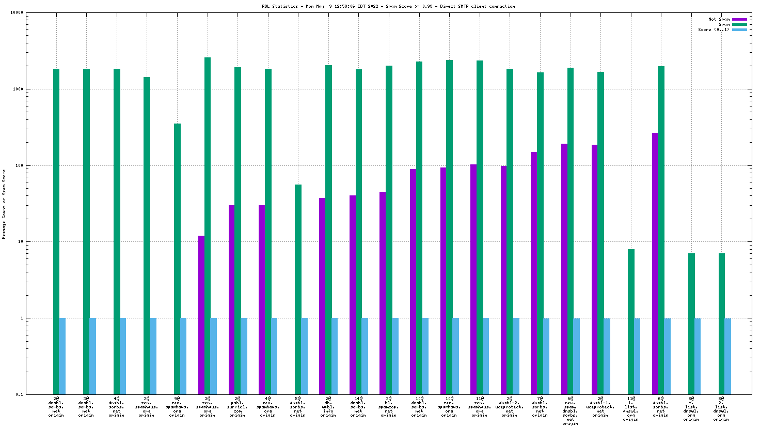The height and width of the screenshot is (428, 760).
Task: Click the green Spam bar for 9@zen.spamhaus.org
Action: (177, 258)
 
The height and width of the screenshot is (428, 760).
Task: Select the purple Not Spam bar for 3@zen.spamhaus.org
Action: (201, 315)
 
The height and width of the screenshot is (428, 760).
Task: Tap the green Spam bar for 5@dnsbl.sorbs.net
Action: (298, 289)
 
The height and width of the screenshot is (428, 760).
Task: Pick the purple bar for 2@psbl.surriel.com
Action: (231, 300)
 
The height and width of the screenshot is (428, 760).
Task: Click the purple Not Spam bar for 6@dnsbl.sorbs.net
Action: (655, 264)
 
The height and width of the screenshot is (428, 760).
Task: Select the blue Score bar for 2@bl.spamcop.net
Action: (395, 356)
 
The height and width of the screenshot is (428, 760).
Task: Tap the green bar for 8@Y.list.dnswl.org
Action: (691, 324)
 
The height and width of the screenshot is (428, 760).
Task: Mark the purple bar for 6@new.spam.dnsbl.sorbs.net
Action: (564, 269)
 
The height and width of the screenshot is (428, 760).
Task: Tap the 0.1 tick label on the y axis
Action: (19, 394)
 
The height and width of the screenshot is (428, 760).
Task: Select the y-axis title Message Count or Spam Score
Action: (4, 204)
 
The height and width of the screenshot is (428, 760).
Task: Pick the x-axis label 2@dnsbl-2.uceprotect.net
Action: (510, 407)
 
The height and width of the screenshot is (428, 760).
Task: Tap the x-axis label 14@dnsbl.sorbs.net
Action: (358, 407)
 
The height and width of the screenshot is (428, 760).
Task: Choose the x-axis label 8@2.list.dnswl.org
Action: (721, 407)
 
